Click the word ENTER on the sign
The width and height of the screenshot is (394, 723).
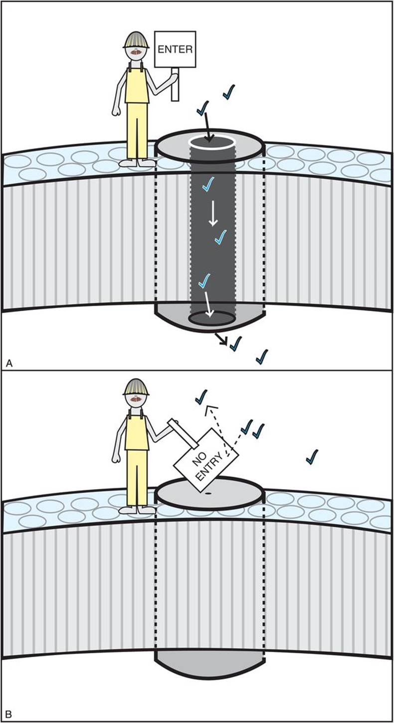(x=175, y=49)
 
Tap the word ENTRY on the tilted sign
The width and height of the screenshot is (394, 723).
(x=209, y=467)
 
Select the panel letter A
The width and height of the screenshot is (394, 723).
(x=9, y=363)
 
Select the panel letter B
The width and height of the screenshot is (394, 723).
(x=8, y=715)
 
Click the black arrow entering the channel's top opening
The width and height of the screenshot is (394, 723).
(x=207, y=128)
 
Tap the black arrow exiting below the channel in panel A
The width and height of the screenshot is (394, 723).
(x=221, y=339)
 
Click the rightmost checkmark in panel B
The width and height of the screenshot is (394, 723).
(x=312, y=457)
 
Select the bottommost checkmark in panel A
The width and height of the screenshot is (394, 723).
(x=262, y=357)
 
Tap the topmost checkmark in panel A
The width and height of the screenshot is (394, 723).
(x=229, y=92)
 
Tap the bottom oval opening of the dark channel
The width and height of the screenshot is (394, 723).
(x=212, y=318)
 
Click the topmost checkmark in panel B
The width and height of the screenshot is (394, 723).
(x=201, y=397)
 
